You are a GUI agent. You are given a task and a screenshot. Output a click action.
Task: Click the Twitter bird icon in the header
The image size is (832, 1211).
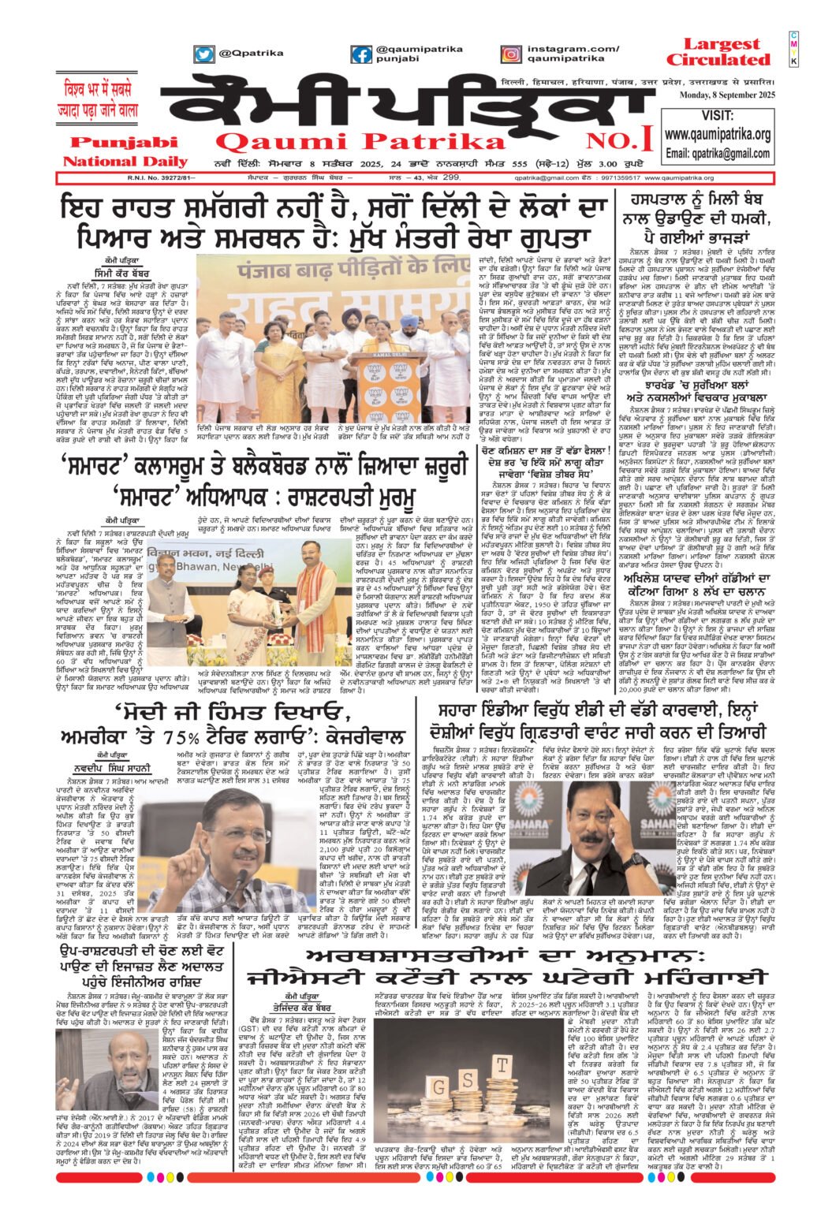click(x=204, y=54)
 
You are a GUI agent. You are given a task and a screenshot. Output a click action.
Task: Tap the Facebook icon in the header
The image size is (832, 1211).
click(x=362, y=54)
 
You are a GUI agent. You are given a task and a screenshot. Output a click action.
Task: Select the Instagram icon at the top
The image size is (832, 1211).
click(x=511, y=54)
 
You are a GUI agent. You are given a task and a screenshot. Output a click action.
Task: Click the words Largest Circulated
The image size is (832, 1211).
click(x=716, y=52)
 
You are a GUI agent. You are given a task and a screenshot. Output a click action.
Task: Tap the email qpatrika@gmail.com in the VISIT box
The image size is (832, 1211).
click(x=718, y=153)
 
